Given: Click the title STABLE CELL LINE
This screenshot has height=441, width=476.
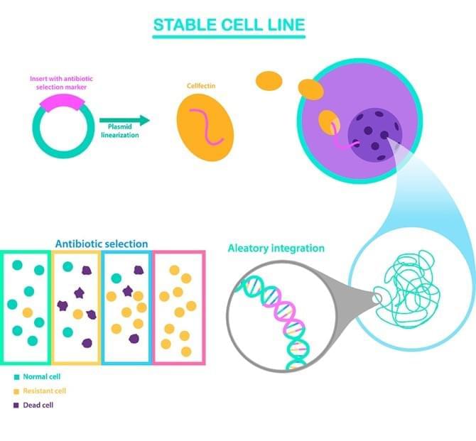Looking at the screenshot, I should point(229,25).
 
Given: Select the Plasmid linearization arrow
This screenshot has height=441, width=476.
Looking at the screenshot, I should point(124,121).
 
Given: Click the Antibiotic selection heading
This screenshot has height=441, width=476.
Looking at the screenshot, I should point(102,244).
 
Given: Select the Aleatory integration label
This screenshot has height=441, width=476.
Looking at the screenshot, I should point(276,248).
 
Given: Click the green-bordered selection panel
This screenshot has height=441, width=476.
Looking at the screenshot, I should point(26,307).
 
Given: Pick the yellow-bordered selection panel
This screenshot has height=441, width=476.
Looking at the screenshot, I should point(77,307).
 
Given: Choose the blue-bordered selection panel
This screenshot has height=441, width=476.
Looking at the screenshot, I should point(128,307).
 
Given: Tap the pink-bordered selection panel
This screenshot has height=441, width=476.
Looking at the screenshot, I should point(179,307).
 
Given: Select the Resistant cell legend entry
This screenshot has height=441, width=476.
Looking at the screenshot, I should point(45,391).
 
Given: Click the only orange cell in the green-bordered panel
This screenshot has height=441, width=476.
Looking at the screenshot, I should point(27,312).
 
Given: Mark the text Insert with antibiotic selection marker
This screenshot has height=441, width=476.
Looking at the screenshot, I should point(60,82).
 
